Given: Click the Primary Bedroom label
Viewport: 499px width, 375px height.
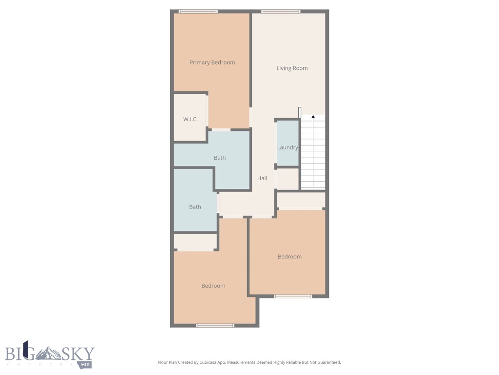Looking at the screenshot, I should (212, 62).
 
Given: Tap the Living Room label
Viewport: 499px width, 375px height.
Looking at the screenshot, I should (292, 68).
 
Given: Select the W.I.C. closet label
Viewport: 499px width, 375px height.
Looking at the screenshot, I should (190, 120).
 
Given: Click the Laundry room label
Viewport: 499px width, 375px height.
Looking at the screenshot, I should (287, 147).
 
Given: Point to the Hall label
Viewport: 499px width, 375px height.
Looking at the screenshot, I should (262, 179).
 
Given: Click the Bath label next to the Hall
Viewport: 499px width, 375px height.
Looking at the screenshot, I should (220, 158).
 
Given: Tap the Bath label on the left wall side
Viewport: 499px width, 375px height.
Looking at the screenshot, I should (195, 207).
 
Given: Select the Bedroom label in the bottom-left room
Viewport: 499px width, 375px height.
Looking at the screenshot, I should (213, 286).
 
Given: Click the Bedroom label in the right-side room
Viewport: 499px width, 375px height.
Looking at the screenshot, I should (289, 257).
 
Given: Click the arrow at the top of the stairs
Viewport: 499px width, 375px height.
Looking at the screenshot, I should (313, 117).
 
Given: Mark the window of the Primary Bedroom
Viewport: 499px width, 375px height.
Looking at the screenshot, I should (198, 11).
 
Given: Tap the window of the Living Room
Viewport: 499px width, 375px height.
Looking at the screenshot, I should (281, 11).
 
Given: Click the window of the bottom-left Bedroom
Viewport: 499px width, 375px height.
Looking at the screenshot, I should (215, 325).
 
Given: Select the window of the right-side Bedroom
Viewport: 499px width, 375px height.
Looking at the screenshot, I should (293, 296).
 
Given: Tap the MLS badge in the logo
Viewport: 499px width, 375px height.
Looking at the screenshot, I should (86, 364).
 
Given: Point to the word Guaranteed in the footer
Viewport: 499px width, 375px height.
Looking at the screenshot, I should (327, 363).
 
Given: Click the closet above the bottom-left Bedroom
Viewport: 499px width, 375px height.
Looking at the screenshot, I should (195, 242).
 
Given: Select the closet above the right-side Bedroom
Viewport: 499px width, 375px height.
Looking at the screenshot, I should (301, 200).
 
